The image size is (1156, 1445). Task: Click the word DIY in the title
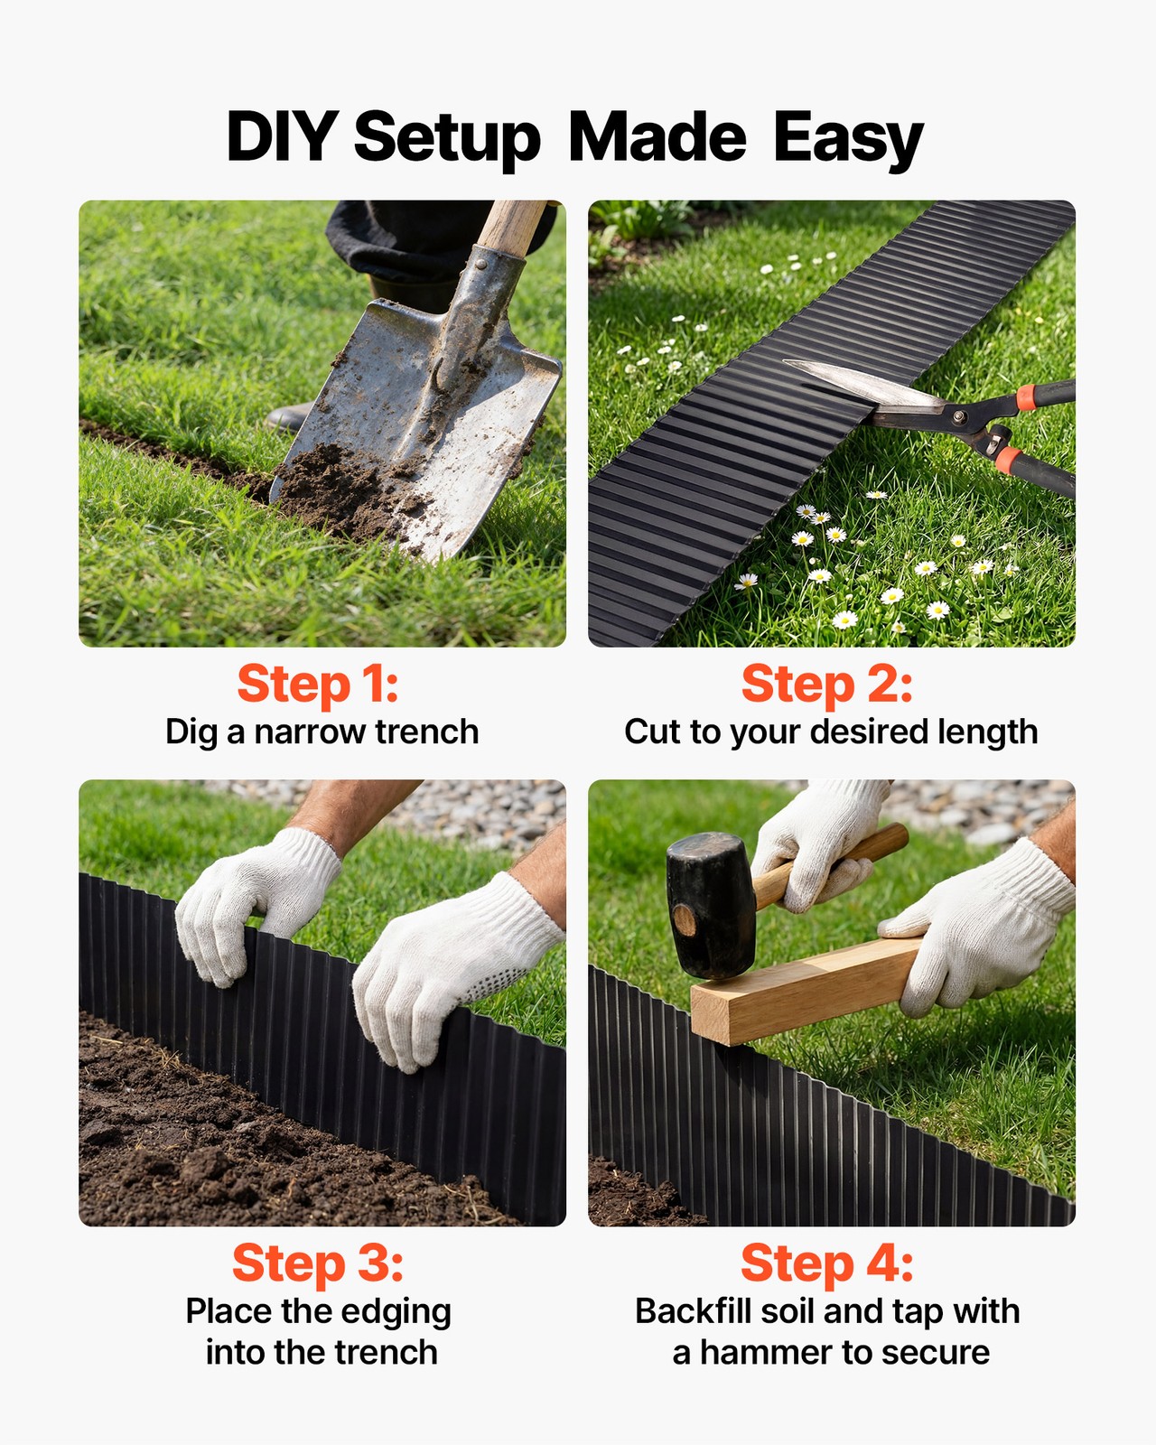pyautogui.click(x=281, y=137)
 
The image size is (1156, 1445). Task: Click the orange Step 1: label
pyautogui.click(x=317, y=685)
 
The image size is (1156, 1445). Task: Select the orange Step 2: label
pyautogui.click(x=826, y=685)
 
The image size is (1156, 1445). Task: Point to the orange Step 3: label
pyautogui.click(x=317, y=1263)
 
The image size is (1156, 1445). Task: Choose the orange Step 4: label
pyautogui.click(x=826, y=1263)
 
